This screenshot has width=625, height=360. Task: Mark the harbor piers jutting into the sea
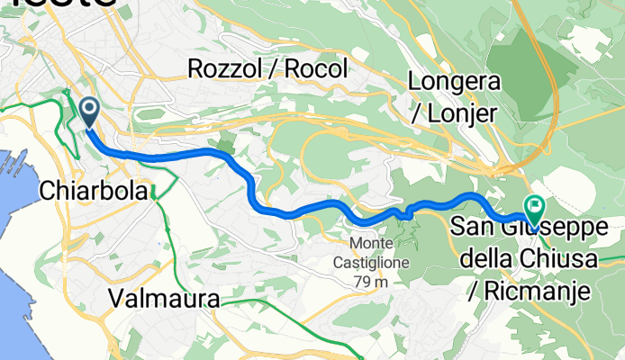pos(15,162)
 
